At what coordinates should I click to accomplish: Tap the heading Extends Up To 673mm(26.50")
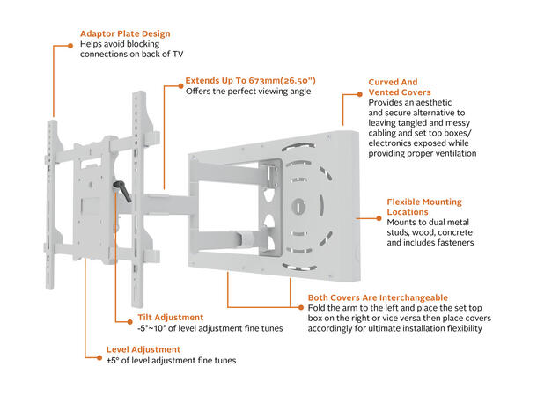(250, 80)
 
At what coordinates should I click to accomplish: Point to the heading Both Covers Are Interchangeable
(378, 297)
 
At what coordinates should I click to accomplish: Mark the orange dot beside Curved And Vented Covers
(361, 82)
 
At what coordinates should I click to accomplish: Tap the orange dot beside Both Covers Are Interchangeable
(301, 297)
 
